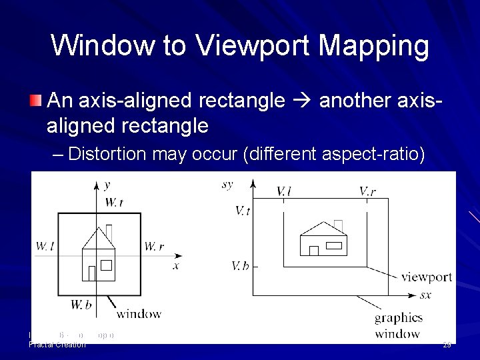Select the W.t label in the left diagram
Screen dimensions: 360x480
coord(113,202)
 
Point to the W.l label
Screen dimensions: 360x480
coord(45,246)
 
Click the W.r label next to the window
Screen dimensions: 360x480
coord(153,246)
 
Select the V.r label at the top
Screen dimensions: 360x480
coord(368,191)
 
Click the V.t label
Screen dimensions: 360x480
coord(243,211)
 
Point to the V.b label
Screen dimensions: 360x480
coord(241,266)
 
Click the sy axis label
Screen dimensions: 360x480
coord(227,184)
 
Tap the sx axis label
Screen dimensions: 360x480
coord(425,294)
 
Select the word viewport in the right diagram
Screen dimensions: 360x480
coord(427,277)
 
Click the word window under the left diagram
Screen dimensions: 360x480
coord(139,313)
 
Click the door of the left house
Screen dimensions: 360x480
coord(92,273)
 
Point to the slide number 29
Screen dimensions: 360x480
coord(447,344)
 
